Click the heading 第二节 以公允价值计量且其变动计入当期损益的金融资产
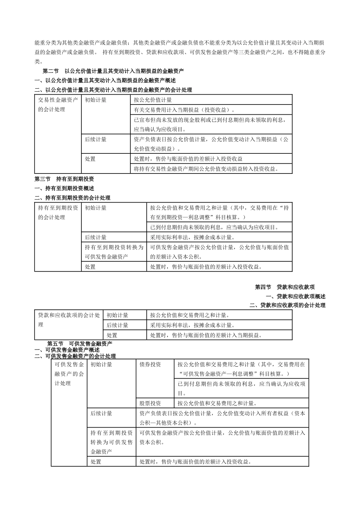coord(113,71)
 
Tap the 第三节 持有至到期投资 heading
coord(64,179)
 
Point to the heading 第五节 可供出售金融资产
coord(80,343)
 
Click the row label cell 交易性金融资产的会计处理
coord(57,105)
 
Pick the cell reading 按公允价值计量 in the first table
coord(153,100)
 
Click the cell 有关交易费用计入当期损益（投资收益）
coord(184,110)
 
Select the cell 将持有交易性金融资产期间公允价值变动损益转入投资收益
coord(207,169)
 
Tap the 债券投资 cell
coord(150,364)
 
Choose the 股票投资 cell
coord(150,403)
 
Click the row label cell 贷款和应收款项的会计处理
coord(69,320)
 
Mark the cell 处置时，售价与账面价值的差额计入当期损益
coord(206,335)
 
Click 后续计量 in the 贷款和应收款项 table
coord(117,325)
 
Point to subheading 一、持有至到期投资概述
coord(64,188)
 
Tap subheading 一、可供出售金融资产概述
coord(67,350)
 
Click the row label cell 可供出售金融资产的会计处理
coord(69,374)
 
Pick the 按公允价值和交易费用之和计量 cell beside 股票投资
coord(218,403)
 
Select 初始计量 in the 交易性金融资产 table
coord(96,100)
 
